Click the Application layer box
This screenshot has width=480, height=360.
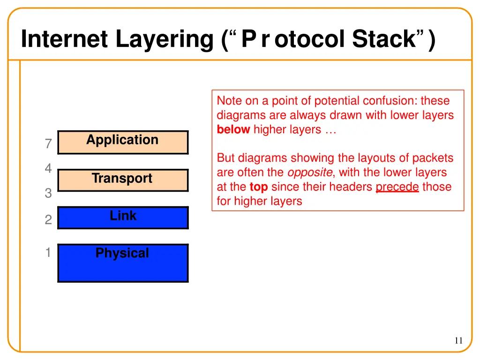click(x=123, y=142)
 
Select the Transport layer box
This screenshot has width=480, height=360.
click(x=123, y=180)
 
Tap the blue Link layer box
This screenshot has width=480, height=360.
click(x=123, y=217)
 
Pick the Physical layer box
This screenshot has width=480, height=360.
click(x=123, y=262)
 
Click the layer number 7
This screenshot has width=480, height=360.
click(x=48, y=144)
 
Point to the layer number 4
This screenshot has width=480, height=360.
click(x=48, y=169)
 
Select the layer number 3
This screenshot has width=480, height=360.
click(x=48, y=193)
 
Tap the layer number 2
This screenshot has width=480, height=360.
click(x=48, y=220)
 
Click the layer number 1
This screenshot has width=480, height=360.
click(x=48, y=253)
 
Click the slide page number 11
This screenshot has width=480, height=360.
click(x=458, y=341)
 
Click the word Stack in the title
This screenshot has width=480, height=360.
click(x=384, y=39)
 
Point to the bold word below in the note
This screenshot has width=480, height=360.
click(x=233, y=130)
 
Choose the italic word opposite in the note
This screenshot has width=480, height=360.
click(x=309, y=172)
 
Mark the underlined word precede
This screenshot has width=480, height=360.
click(x=397, y=187)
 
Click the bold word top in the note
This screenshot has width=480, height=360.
click(x=258, y=187)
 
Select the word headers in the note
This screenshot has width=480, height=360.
click(x=351, y=187)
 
